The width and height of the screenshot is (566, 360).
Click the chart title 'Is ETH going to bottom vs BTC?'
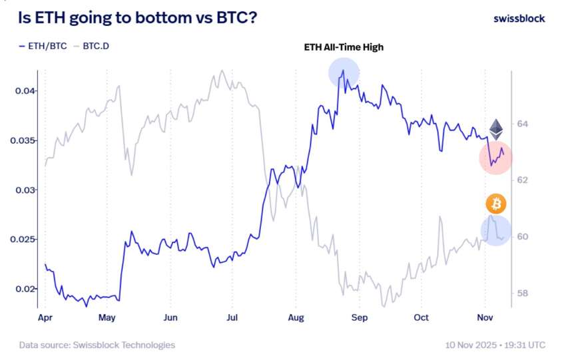click(x=137, y=18)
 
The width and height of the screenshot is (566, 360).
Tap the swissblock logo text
click(x=519, y=18)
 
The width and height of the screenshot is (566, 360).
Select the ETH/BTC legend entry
click(x=43, y=47)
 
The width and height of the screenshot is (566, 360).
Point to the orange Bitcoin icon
click(x=495, y=203)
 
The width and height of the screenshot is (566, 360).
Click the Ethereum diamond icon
click(x=496, y=128)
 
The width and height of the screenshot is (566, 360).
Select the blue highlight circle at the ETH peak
click(x=344, y=73)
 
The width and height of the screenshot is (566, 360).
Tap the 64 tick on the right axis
click(x=521, y=124)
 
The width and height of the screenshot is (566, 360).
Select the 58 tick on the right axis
click(x=521, y=293)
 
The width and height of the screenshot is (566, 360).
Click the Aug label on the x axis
click(x=296, y=318)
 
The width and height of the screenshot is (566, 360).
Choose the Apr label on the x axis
click(x=45, y=318)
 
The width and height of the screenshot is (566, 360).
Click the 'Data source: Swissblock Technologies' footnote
click(x=97, y=345)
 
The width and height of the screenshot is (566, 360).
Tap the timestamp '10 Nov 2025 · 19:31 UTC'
click(x=495, y=345)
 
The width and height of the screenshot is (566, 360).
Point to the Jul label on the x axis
click(x=232, y=318)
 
